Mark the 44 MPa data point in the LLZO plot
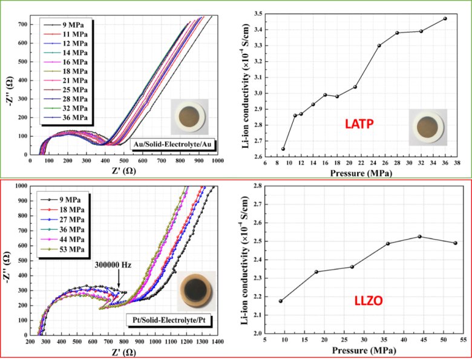pyautogui.click(x=420, y=236)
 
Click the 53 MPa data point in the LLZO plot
pyautogui.click(x=456, y=243)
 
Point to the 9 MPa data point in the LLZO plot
pyautogui.click(x=280, y=301)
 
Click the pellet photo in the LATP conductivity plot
pyautogui.click(x=427, y=127)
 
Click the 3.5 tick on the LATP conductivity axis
pyautogui.click(x=258, y=13)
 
